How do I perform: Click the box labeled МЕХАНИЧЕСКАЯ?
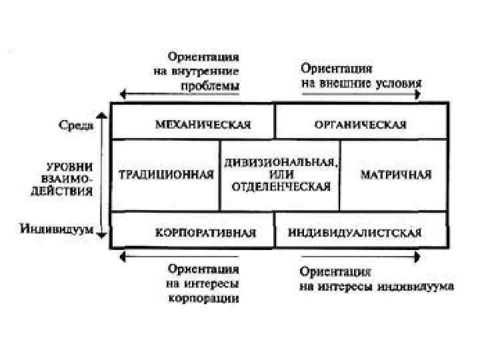pos(193,124)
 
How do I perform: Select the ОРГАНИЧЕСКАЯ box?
pos(360,124)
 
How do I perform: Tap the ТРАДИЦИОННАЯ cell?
pos(166,175)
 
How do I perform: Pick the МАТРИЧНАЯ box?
pos(395,175)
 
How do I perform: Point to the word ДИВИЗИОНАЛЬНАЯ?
pos(281,162)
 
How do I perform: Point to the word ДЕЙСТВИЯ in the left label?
pos(69,191)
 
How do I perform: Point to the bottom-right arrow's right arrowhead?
pos(417,255)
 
